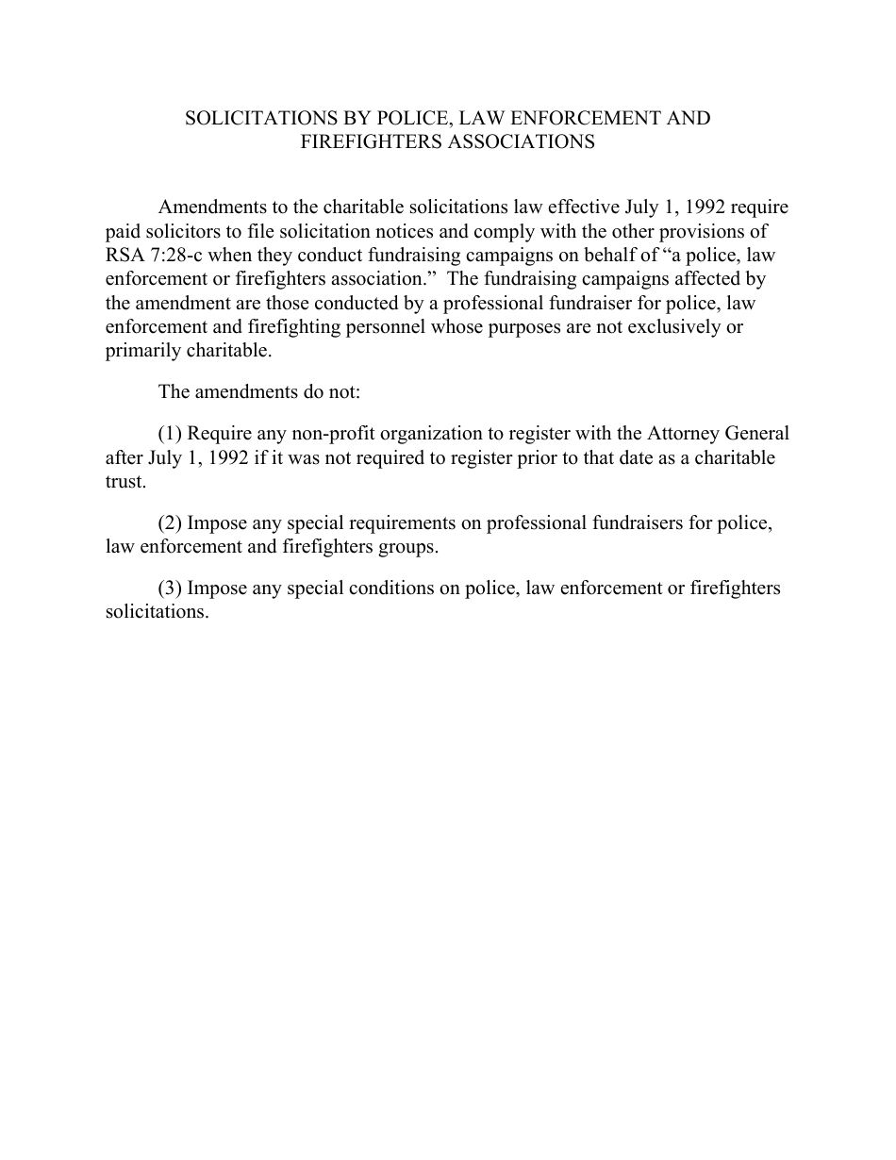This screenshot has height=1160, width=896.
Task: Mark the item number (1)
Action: point(170,434)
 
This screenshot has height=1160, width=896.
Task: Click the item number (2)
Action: point(170,523)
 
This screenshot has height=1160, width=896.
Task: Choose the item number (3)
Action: point(170,588)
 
